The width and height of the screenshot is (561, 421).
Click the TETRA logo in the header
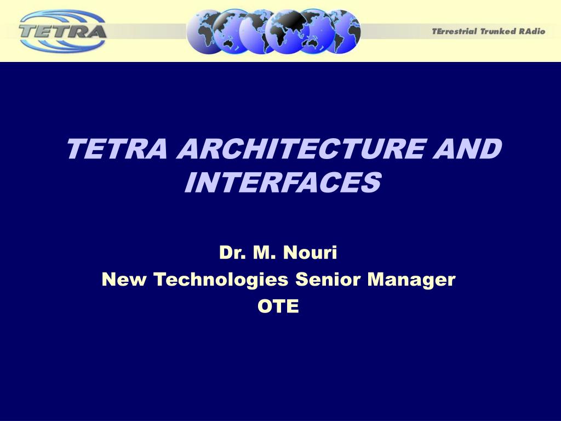point(63,31)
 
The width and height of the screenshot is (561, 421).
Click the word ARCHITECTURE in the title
point(301,149)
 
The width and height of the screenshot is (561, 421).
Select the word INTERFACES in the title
point(283,182)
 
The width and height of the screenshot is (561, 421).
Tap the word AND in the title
point(467,149)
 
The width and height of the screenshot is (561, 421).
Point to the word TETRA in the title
point(117,149)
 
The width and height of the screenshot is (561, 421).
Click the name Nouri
point(310,252)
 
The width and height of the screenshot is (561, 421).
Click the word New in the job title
point(124,279)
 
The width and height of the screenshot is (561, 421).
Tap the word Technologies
point(221,280)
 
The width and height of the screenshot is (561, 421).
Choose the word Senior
point(328,279)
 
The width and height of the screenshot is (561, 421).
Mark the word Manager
point(411,280)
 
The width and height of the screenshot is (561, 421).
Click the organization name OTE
point(278,306)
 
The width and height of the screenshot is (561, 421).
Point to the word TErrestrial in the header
point(454,31)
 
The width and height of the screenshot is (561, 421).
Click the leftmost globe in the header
point(202,32)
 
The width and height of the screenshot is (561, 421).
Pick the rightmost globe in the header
point(347,32)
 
